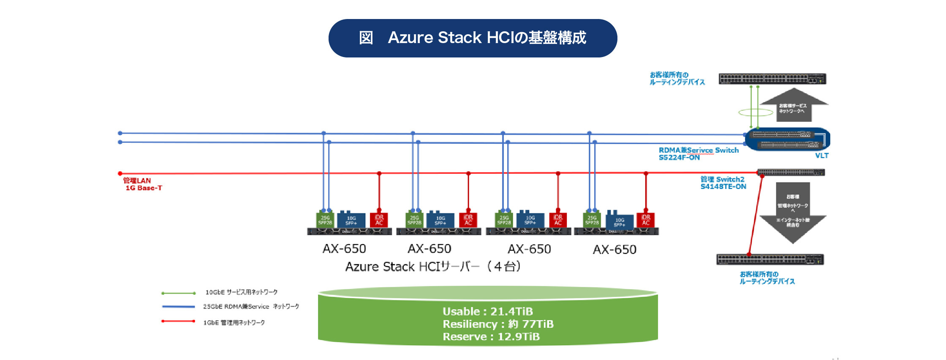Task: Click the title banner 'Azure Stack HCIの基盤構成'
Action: [473, 38]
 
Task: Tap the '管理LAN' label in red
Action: [137, 180]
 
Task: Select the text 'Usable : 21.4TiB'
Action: [487, 311]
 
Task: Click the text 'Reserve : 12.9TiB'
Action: [491, 337]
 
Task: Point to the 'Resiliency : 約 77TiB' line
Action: [497, 324]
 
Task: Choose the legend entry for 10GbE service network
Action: [241, 292]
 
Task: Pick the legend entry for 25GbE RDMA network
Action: [251, 307]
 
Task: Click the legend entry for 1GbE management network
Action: [234, 322]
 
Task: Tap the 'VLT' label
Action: [821, 156]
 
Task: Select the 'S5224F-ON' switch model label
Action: [679, 158]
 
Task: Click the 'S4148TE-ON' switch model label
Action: [723, 187]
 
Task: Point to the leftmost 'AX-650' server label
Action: [344, 248]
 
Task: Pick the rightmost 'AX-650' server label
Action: [614, 249]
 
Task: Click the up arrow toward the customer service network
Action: [794, 106]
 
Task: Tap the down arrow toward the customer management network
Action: [793, 211]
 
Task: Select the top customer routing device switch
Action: [772, 79]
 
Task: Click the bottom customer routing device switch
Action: [770, 259]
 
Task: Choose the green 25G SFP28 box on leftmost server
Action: [325, 220]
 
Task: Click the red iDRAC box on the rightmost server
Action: [645, 220]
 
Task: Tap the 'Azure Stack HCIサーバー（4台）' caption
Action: [433, 267]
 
